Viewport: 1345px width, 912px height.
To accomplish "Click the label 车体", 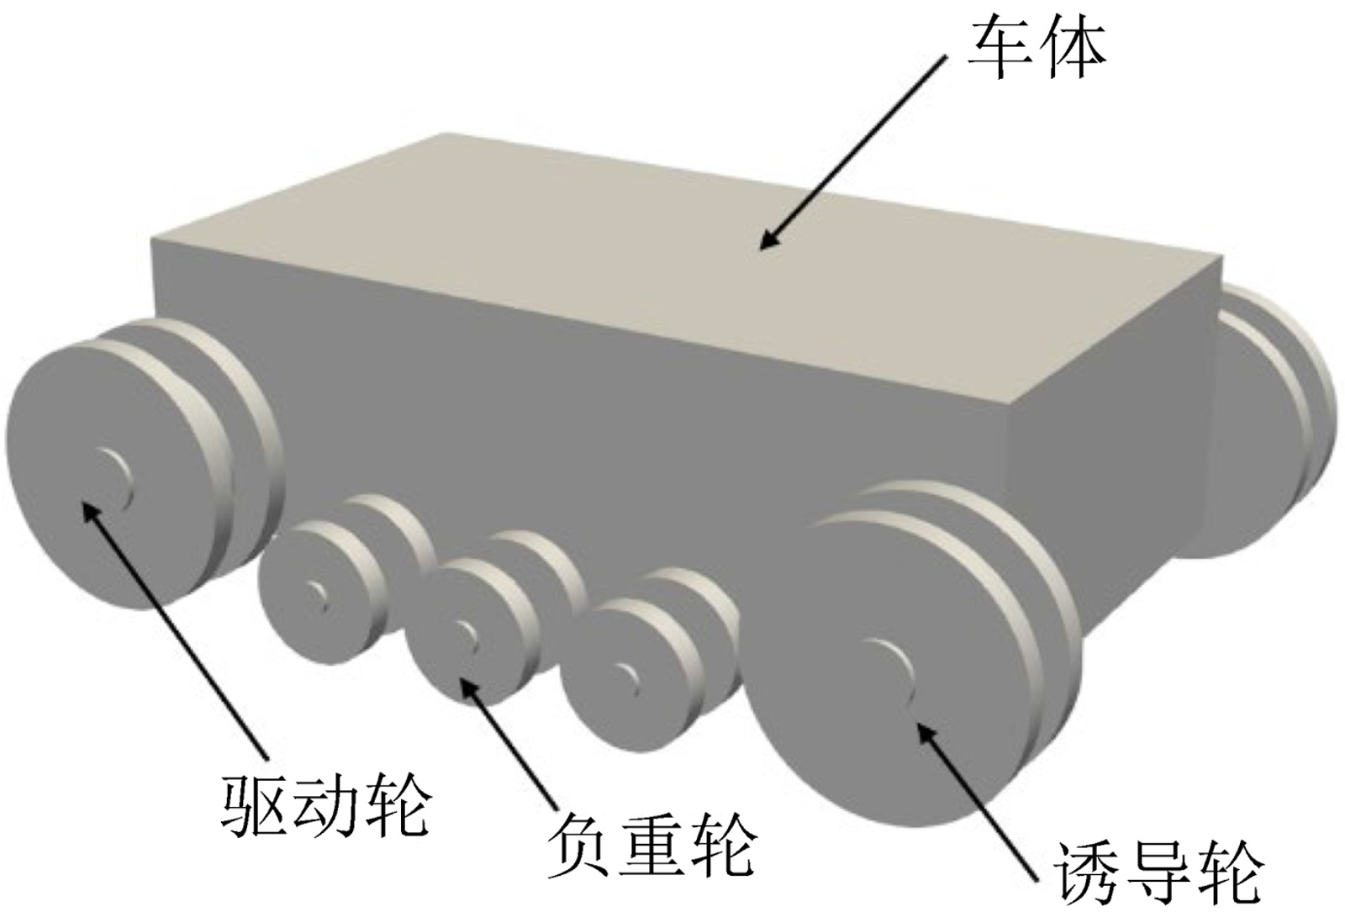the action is coord(1036,49).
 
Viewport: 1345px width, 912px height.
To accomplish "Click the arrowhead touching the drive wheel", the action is coord(87,506).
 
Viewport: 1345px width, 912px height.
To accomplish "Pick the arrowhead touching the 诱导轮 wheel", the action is coord(923,730).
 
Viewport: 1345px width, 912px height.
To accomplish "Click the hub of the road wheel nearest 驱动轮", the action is coord(317,593).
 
